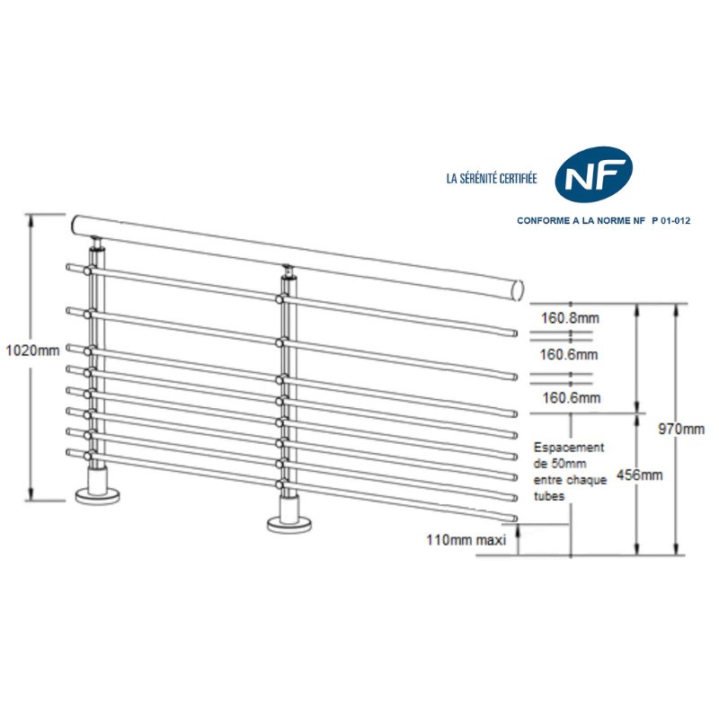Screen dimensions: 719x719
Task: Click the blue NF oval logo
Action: pos(593,174)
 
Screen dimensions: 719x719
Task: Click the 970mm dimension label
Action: pos(681,429)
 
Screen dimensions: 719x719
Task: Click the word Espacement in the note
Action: pos(569,447)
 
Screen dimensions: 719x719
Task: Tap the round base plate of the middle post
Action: pos(289,523)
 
